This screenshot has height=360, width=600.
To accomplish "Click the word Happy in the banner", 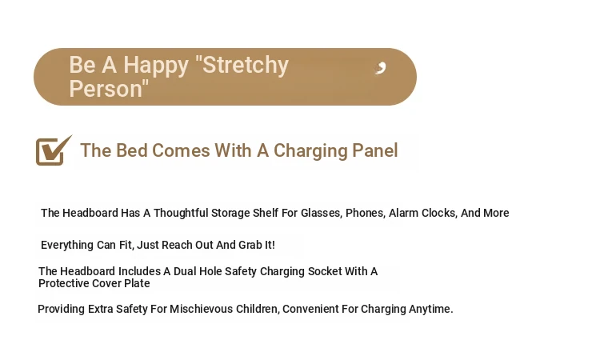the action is pos(156,65).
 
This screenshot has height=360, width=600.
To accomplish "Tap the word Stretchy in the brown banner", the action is pos(246,65).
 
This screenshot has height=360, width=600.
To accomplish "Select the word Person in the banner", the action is pos(106,89).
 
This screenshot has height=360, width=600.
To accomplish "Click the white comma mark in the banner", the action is pos(381,68).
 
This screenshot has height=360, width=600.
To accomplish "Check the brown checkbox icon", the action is pos(54,150).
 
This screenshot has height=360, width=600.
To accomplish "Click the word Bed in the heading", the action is pos(132,150).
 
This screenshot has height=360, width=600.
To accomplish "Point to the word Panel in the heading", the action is pos(375,150).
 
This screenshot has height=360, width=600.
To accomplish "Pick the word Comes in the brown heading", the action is pos(181,150).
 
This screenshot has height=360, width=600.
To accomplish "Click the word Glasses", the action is pos(321,213).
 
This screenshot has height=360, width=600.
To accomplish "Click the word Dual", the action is pos(185,271).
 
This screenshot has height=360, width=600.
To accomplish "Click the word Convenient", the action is pos(310,309).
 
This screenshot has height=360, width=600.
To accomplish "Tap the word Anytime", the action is pos(431,309).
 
